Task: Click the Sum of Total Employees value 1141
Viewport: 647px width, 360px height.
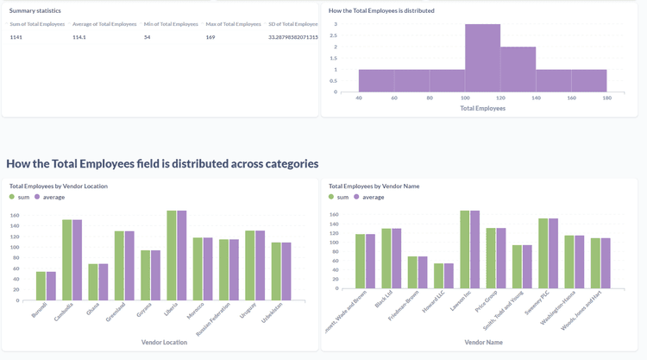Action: (16, 37)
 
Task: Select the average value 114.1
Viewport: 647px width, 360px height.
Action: (79, 37)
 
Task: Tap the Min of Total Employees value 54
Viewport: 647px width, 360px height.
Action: (147, 37)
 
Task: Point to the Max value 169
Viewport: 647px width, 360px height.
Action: (210, 37)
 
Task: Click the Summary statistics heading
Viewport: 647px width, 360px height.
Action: (35, 10)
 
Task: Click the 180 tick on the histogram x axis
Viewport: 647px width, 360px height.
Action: (606, 98)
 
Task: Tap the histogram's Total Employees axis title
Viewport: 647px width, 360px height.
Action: (482, 108)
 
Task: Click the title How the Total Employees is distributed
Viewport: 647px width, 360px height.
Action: (381, 10)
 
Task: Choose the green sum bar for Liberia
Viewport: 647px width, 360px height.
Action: (172, 256)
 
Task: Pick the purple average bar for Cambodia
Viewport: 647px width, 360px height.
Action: (77, 260)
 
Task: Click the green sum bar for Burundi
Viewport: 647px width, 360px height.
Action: (41, 286)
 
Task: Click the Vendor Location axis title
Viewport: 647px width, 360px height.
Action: (164, 343)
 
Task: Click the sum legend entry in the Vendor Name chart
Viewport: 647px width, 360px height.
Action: (343, 197)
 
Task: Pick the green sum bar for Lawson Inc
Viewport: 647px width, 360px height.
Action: (465, 249)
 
